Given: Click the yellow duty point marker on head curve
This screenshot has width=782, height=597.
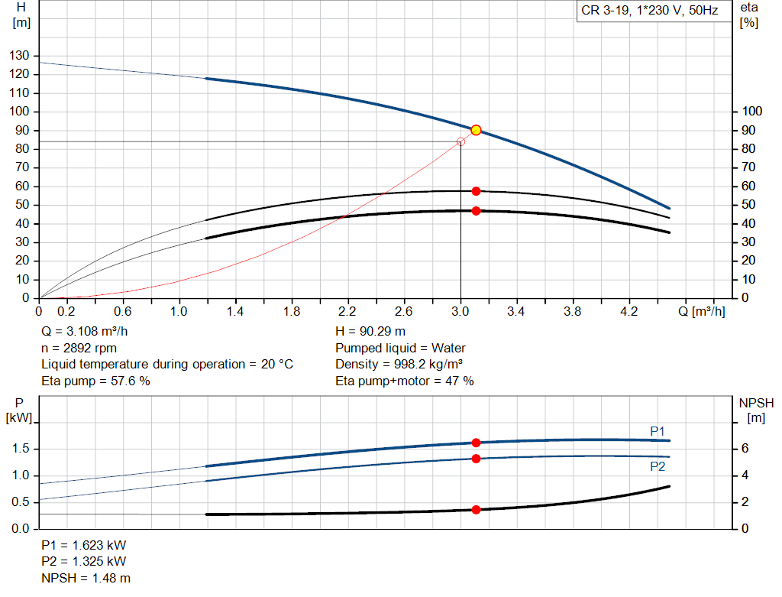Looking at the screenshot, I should tap(476, 130).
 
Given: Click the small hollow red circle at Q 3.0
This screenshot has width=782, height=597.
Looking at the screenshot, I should tap(460, 141).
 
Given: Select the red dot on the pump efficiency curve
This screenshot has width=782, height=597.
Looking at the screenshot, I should tap(476, 191).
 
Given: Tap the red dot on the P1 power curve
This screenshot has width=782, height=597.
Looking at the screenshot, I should tap(476, 443).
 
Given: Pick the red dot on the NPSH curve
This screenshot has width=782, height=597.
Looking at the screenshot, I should tap(476, 509).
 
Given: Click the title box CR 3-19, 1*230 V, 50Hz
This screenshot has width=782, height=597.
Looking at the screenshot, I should tap(649, 11).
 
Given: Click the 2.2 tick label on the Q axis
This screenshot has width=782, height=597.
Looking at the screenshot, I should tap(348, 312).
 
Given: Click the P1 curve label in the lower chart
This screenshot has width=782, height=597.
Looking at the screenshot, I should tap(658, 431).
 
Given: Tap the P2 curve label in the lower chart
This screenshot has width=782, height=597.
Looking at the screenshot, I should tap(658, 466).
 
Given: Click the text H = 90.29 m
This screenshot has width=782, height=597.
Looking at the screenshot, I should tap(370, 333).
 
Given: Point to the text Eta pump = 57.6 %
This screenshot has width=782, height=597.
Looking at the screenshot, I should tap(95, 381).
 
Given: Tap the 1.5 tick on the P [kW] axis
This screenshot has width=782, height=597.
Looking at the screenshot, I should tap(20, 449).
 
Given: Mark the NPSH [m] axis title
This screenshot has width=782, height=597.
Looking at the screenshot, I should tap(756, 410).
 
